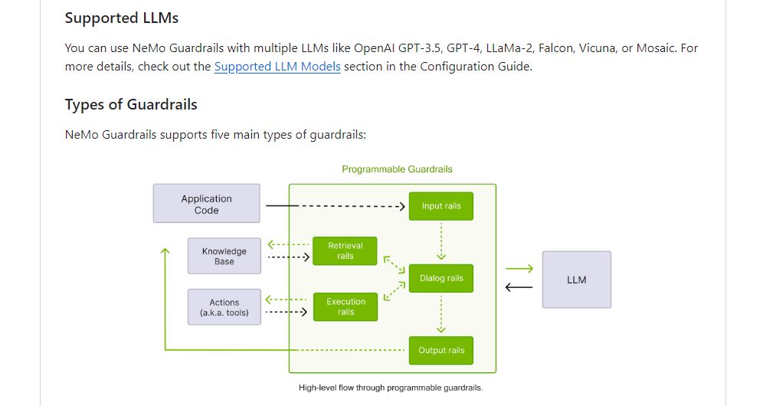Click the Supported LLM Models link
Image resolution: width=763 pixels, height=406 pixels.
[277, 67]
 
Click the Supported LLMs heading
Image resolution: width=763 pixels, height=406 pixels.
[121, 18]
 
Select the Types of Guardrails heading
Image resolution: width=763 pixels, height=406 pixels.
[131, 104]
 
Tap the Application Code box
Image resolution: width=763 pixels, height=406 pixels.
[206, 204]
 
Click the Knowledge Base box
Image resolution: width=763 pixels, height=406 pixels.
[224, 256]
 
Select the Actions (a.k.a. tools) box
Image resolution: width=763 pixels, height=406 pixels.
[224, 307]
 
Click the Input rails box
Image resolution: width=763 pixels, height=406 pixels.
[441, 206]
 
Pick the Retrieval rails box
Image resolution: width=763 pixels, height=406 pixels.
[345, 250]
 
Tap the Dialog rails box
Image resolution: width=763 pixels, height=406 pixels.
[441, 278]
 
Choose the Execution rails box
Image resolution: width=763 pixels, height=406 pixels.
[345, 306]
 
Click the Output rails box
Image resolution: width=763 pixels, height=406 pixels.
[441, 350]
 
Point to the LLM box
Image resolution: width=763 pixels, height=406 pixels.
[576, 280]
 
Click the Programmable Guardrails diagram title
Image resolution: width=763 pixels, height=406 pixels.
[397, 169]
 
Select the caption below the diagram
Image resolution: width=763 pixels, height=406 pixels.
[391, 388]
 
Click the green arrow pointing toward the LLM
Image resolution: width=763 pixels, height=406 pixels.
[519, 269]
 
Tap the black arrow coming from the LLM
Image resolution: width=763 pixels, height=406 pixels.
[519, 288]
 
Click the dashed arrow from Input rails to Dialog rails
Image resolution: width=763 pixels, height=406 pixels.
[441, 241]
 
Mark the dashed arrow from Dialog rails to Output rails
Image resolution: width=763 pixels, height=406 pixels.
[441, 314]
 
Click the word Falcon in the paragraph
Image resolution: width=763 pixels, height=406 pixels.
[555, 48]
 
